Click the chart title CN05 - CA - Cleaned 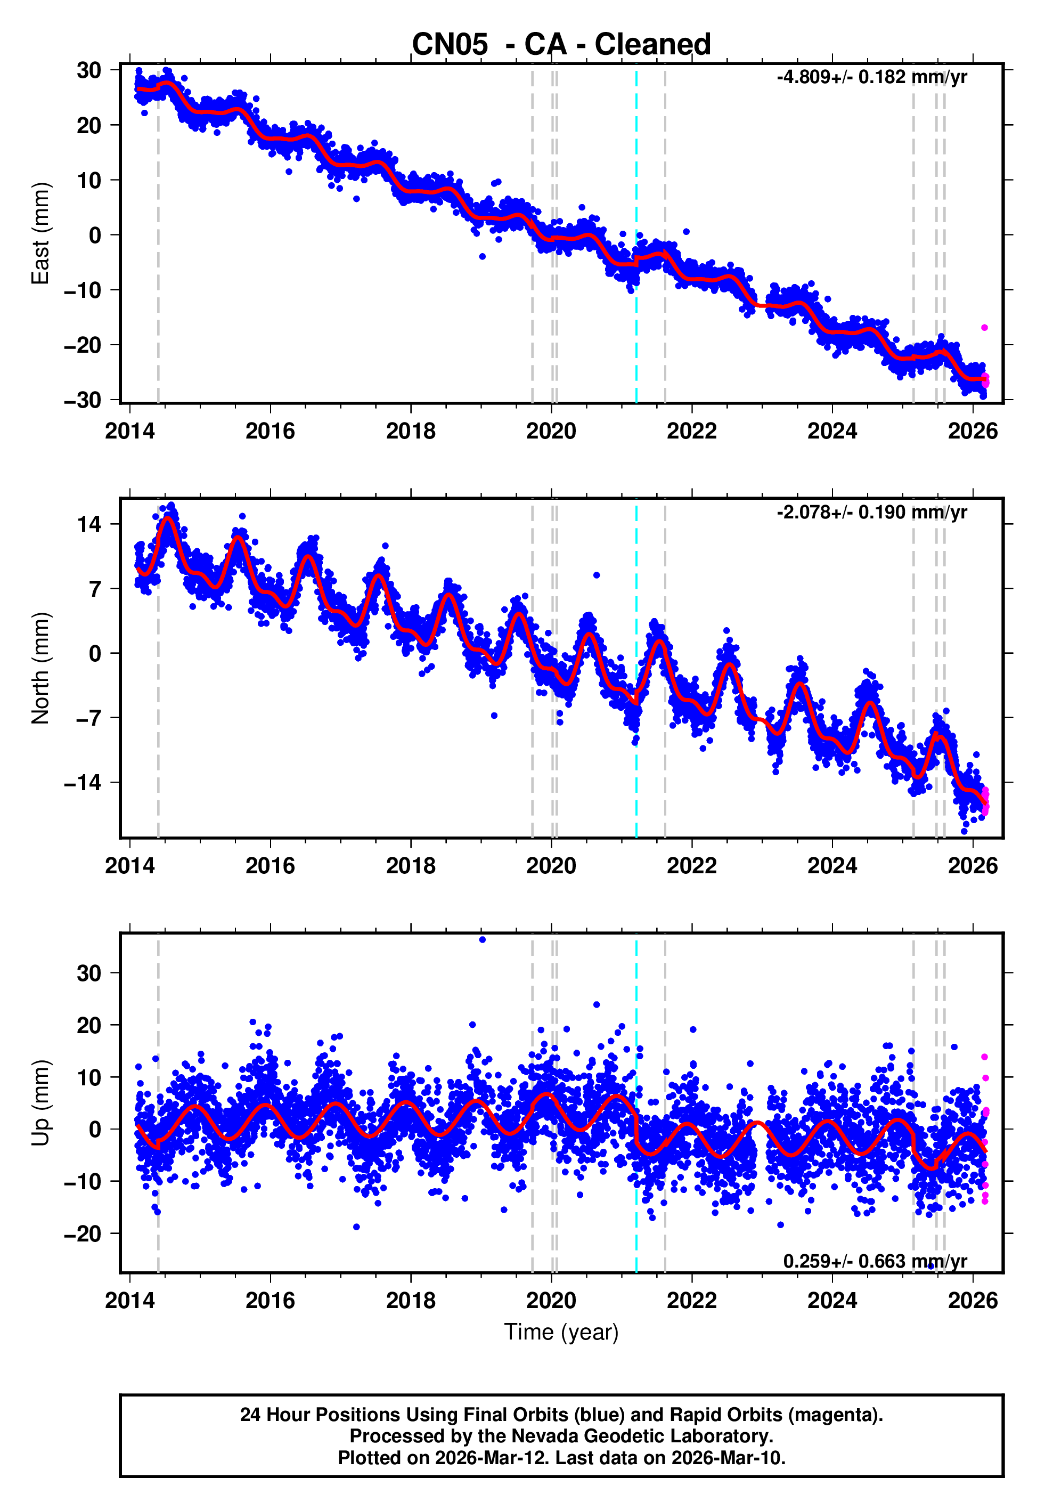pos(561,45)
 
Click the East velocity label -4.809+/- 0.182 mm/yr pos(871,77)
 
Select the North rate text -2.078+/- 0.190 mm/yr pos(871,512)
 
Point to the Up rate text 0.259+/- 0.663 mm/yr pos(875,1261)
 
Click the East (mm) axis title pos(40,233)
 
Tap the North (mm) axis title pos(40,668)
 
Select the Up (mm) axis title pos(40,1103)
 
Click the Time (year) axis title pos(561,1333)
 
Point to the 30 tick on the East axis pos(89,70)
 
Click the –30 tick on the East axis pos(83,400)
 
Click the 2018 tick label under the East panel pos(411,432)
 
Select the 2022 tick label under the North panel pos(691,866)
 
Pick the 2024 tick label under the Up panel pos(831,1301)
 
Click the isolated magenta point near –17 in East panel pos(984,327)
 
